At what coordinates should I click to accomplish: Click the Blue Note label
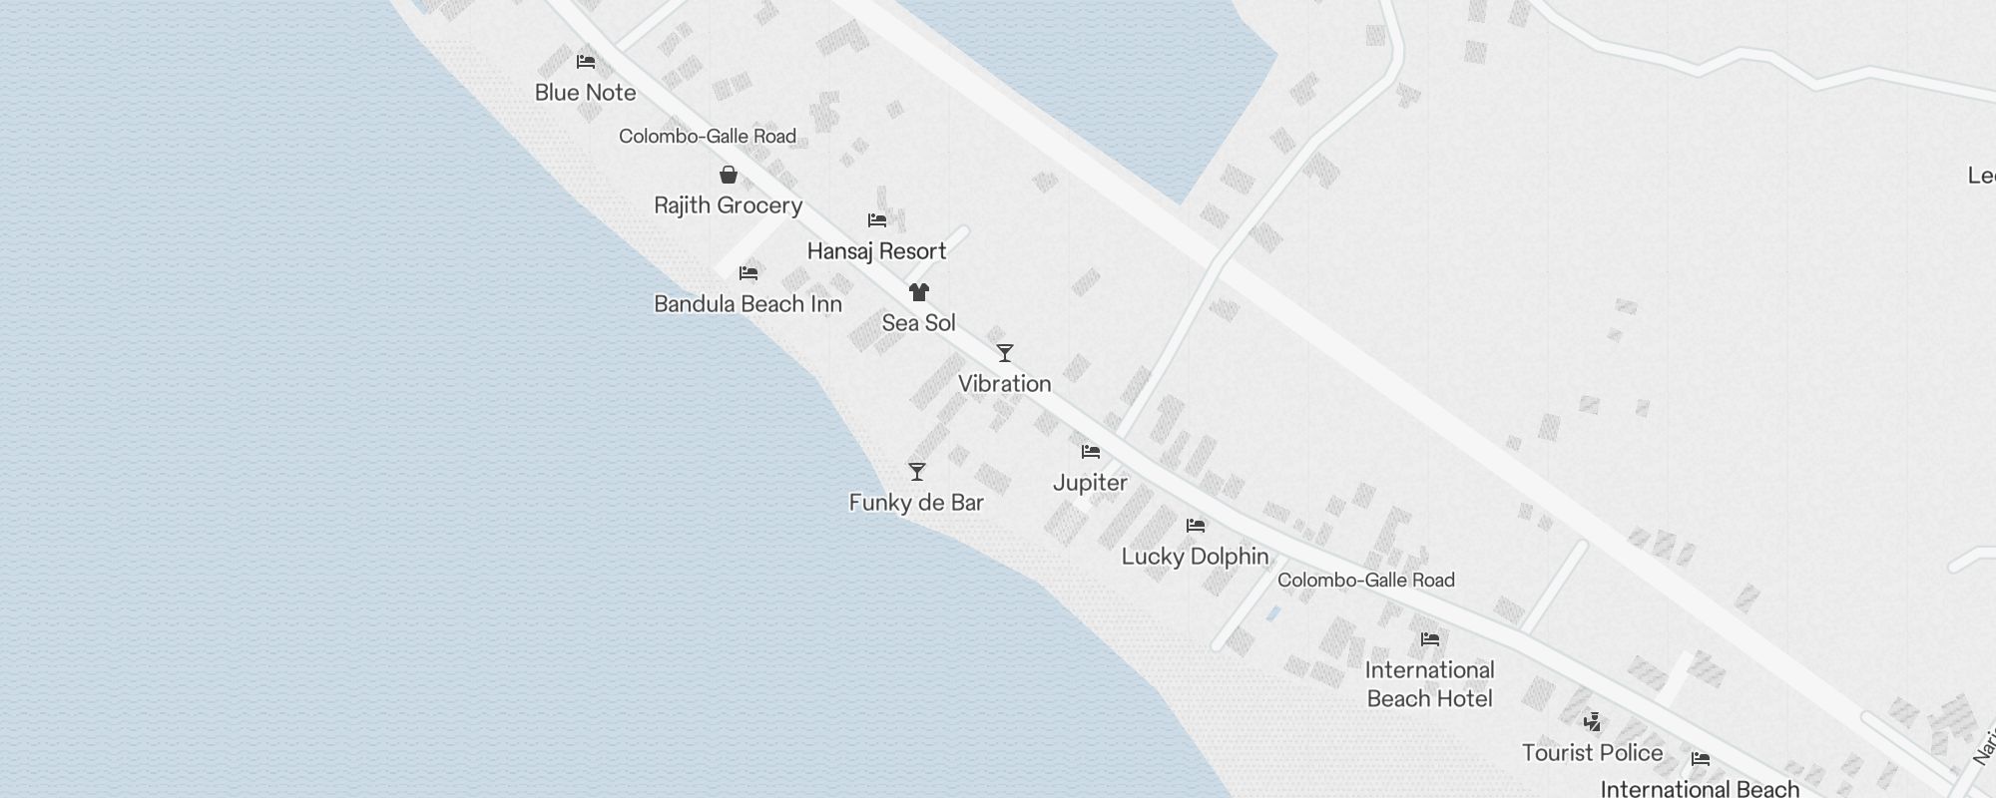(585, 93)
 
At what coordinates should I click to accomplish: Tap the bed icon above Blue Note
(586, 62)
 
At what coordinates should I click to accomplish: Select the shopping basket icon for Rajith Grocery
(729, 175)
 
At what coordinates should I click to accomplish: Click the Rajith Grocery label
(728, 205)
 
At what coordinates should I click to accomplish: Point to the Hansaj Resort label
(876, 251)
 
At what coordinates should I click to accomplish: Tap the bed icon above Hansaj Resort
(877, 220)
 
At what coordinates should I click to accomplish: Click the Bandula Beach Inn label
(748, 304)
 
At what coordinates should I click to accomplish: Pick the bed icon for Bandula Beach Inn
(748, 273)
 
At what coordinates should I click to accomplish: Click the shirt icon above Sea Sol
(919, 292)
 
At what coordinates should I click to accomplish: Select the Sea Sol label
(918, 323)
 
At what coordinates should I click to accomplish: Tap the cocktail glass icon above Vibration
(1005, 353)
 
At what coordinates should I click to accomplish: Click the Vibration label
(1004, 384)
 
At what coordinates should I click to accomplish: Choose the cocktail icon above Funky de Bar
(917, 472)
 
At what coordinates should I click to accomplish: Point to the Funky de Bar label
(916, 503)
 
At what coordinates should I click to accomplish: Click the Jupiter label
(1090, 483)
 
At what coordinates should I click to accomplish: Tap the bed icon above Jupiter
(1091, 452)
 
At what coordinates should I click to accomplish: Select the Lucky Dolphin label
(1195, 557)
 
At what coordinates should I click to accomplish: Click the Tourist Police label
(1592, 753)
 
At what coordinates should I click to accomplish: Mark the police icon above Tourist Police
(1593, 721)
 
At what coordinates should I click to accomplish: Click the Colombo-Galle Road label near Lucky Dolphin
(1365, 581)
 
